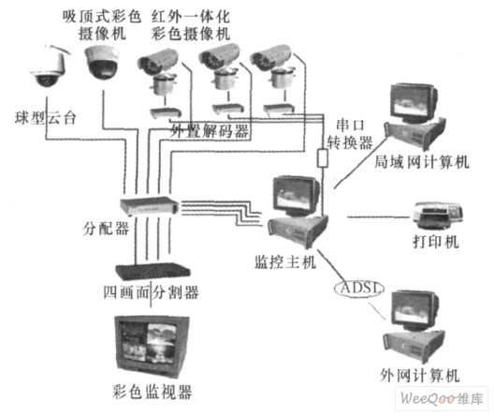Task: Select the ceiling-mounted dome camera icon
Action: click(101, 64)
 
